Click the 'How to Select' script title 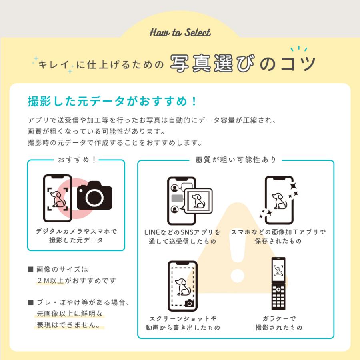click(x=180, y=33)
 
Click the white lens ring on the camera click(x=94, y=198)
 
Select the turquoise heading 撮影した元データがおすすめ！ click(x=112, y=101)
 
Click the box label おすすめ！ click(x=77, y=160)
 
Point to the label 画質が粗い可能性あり click(x=236, y=160)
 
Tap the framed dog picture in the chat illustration click(x=198, y=201)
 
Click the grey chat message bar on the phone click(x=177, y=198)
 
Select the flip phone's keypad click(x=278, y=297)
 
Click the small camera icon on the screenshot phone click(x=190, y=303)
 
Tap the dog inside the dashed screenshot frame click(x=183, y=287)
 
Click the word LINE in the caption click(x=152, y=232)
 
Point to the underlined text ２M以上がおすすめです click(x=76, y=280)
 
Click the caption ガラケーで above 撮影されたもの click(x=279, y=318)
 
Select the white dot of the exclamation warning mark click(x=237, y=276)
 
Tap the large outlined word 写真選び click(x=212, y=63)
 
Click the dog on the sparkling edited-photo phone click(x=280, y=201)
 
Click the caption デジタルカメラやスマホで click(x=76, y=231)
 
